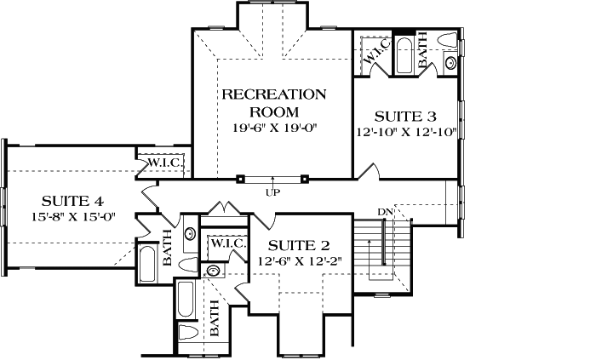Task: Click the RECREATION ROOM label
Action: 273,102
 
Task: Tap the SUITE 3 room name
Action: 408,116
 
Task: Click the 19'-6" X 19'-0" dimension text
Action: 273,129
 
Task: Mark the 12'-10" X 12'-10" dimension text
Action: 408,132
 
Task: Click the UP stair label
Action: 273,193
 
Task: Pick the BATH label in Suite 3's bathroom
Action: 423,55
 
